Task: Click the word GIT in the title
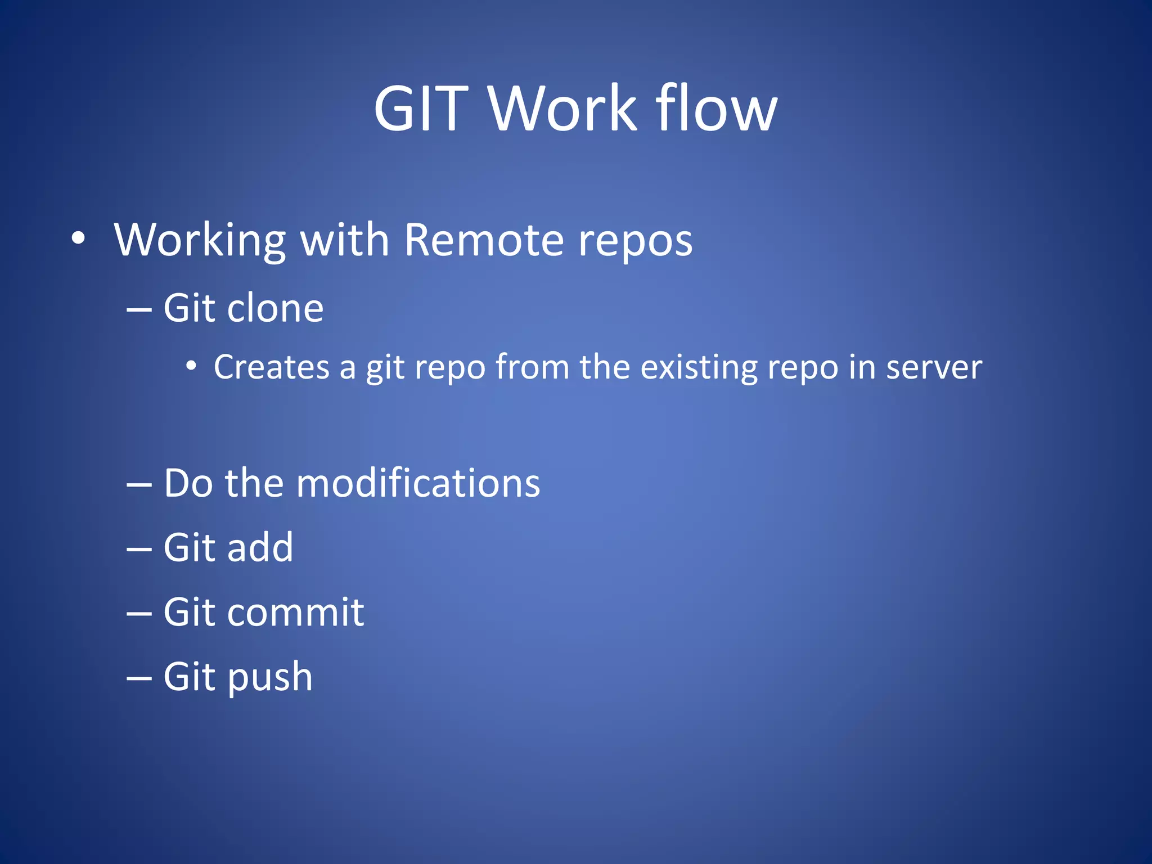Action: coord(421,109)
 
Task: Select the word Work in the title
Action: coord(562,109)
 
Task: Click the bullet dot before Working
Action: coord(79,238)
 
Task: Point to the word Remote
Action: coord(484,240)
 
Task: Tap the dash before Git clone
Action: coord(139,310)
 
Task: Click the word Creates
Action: coord(271,367)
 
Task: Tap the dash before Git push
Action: coord(139,678)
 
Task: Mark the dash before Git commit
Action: coord(139,614)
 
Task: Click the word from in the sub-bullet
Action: coord(532,367)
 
